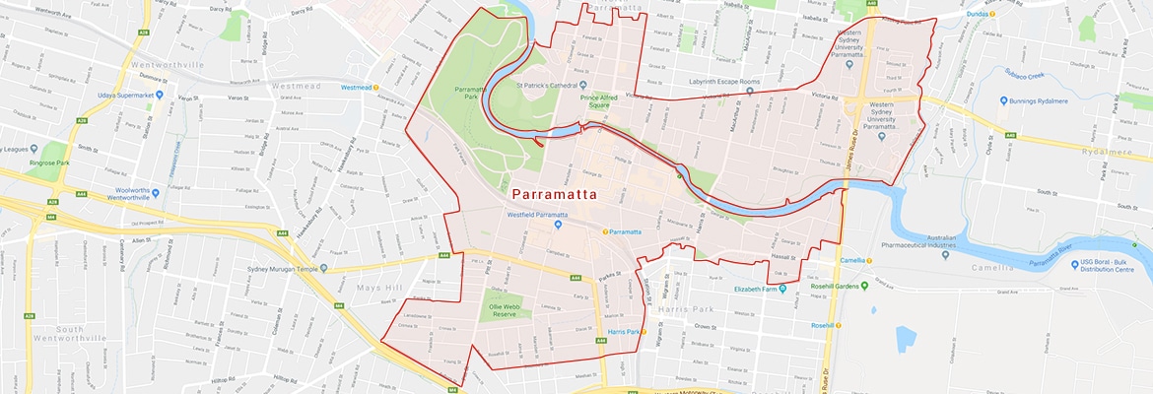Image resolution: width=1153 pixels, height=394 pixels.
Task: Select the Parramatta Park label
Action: point(470,94)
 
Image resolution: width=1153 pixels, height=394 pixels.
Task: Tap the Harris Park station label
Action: point(625,331)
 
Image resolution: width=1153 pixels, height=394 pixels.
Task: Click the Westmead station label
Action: point(356,87)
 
